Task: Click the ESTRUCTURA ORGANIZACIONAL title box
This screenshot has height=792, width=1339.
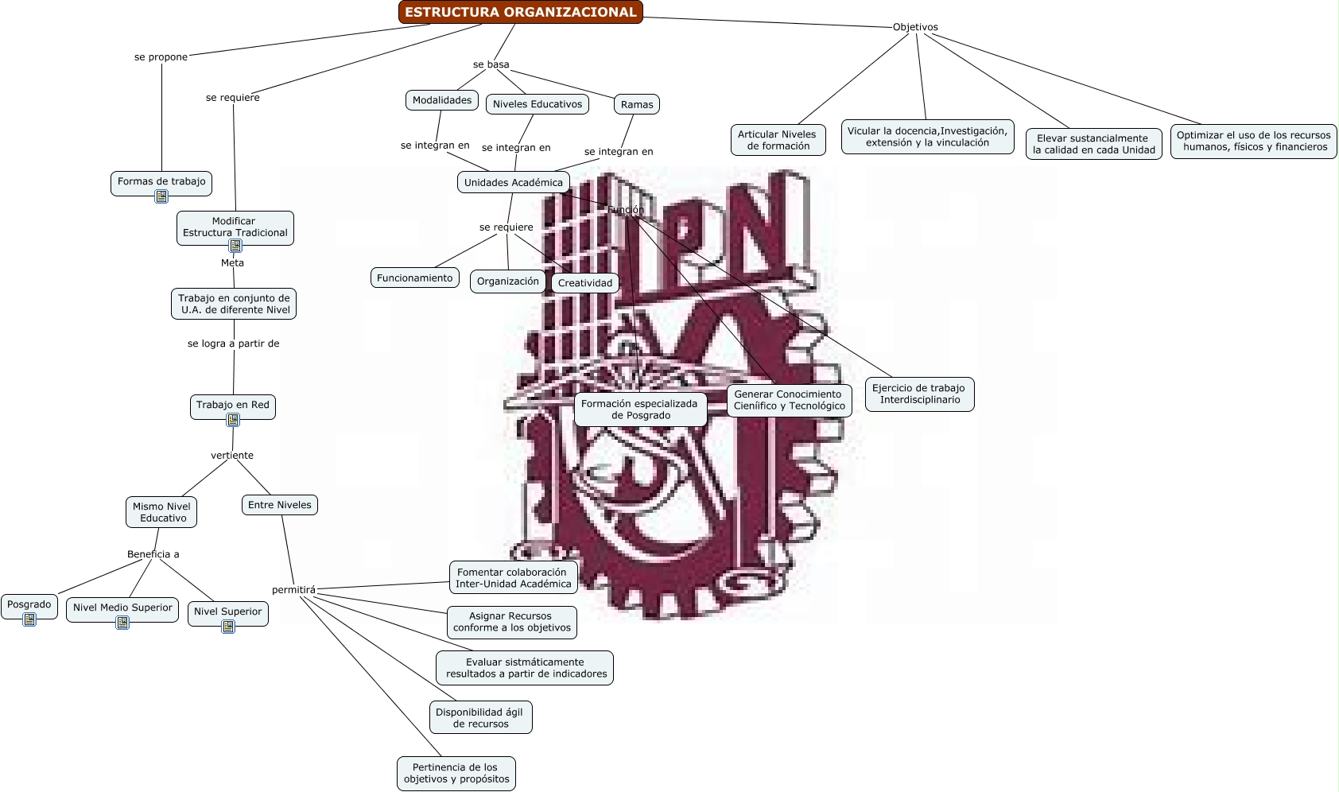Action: (x=520, y=12)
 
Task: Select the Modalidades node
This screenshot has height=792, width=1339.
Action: (x=442, y=100)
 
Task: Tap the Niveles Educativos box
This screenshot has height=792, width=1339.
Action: (x=537, y=104)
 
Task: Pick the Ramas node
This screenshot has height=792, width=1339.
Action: (x=637, y=105)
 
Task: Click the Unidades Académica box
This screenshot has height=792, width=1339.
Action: (x=514, y=182)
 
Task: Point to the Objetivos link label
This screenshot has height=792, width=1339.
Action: (x=915, y=27)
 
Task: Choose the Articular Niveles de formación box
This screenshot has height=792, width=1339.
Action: (x=778, y=140)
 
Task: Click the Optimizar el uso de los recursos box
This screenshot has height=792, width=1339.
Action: (x=1253, y=141)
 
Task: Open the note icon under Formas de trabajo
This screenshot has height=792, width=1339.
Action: (x=161, y=196)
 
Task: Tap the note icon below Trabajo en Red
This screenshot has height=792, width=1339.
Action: (x=233, y=420)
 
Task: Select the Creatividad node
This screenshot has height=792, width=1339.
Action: (x=585, y=283)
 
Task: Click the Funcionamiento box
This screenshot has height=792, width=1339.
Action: (x=415, y=278)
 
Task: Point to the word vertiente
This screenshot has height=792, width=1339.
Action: (x=232, y=456)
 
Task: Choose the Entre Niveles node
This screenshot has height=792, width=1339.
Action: (x=280, y=505)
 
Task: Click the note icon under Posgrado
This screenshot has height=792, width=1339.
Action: (x=29, y=620)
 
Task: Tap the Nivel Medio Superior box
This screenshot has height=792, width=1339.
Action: (x=122, y=608)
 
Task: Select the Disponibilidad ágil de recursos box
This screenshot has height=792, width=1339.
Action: (x=480, y=717)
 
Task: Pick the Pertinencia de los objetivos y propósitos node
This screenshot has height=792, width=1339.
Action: (x=456, y=774)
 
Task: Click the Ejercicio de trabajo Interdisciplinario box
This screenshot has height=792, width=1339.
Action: (x=919, y=394)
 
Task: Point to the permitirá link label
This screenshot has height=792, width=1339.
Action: (x=293, y=590)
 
